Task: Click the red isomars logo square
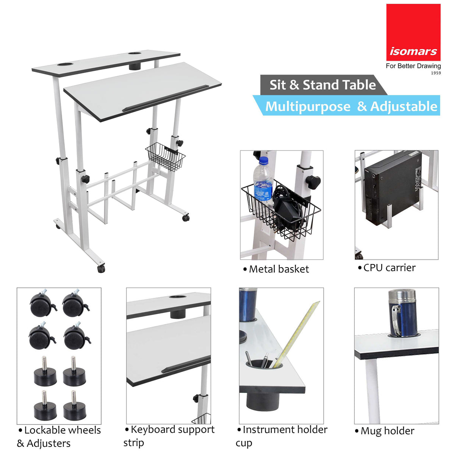point(413,32)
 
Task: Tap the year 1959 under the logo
point(436,73)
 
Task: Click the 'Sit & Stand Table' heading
point(322,85)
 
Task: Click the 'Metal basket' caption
point(279,269)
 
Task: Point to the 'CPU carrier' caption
point(389,268)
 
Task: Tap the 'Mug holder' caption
point(387,431)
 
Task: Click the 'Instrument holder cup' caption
point(282,436)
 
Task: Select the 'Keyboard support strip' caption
point(170,436)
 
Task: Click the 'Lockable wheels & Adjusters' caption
point(59,437)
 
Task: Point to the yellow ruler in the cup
point(299,333)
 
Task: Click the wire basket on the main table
point(166,156)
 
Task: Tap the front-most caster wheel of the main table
point(101,269)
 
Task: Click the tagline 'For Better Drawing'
point(413,66)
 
